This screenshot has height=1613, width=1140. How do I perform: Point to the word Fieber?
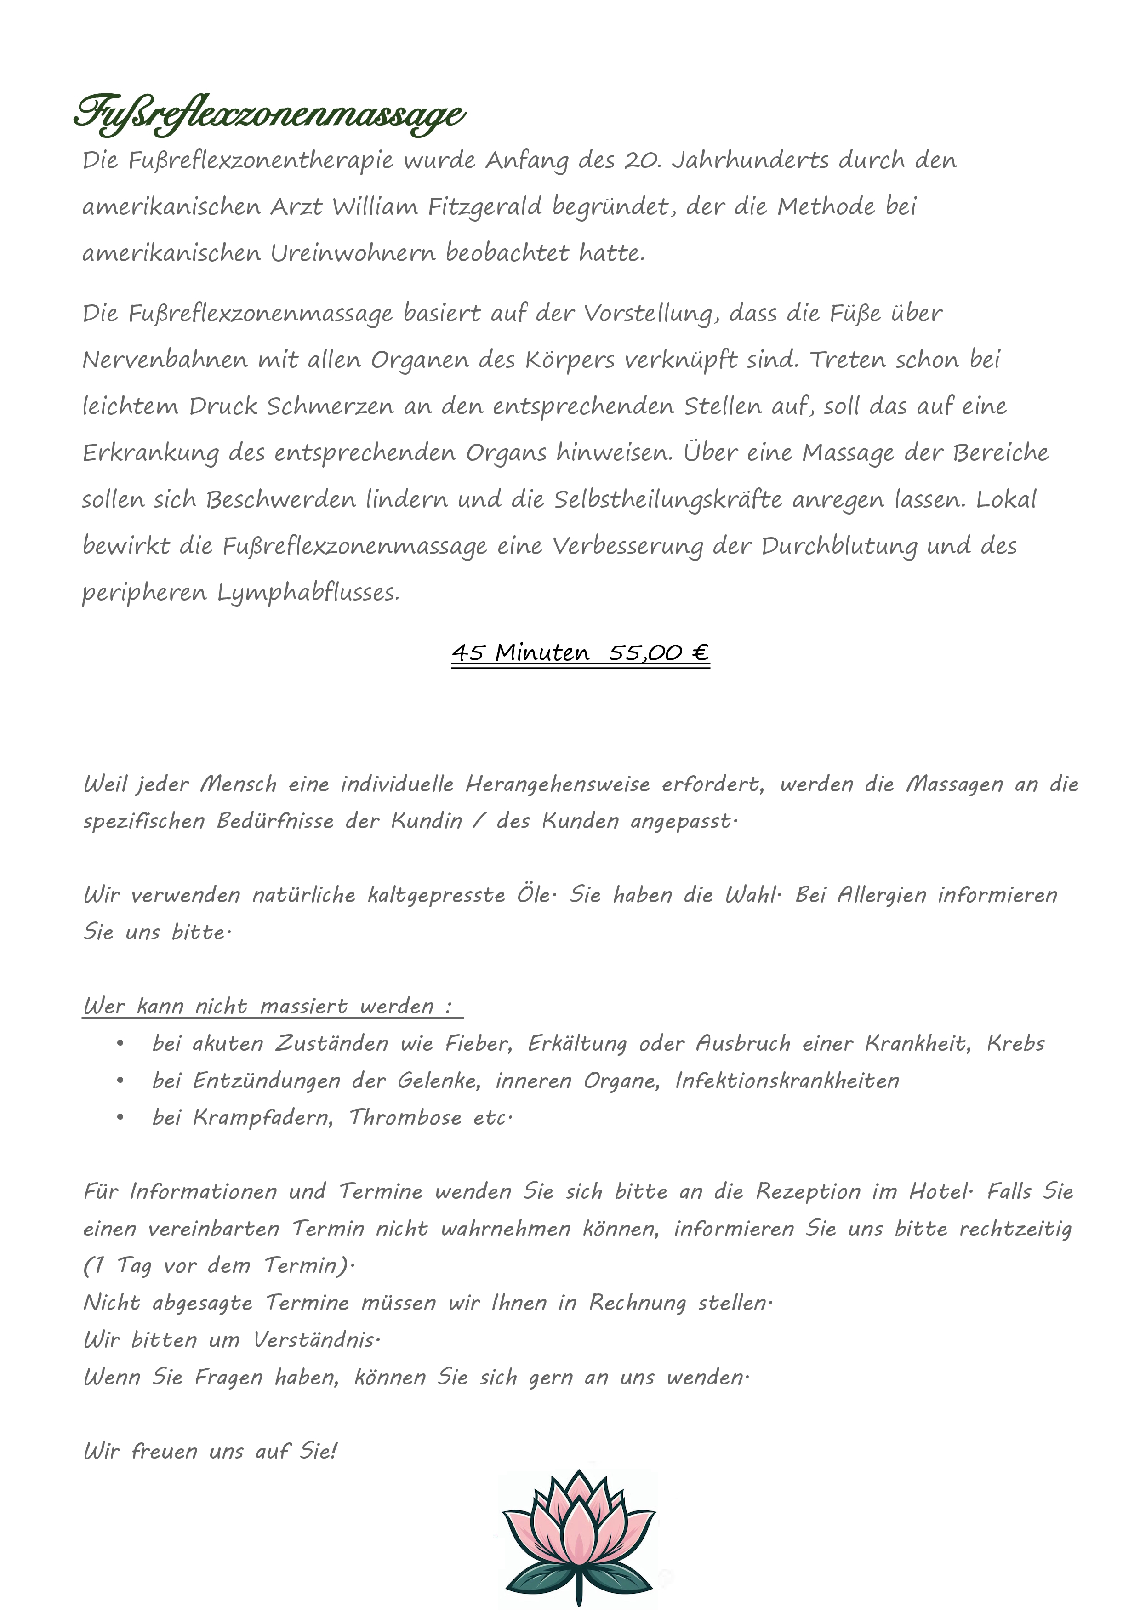[478, 1044]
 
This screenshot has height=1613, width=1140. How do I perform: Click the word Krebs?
[1015, 1044]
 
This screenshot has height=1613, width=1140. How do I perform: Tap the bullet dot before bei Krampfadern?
[121, 1118]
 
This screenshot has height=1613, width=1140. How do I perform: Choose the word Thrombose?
[405, 1118]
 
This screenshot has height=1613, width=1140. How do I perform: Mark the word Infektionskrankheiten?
[787, 1081]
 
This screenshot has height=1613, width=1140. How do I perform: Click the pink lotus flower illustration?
[579, 1535]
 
